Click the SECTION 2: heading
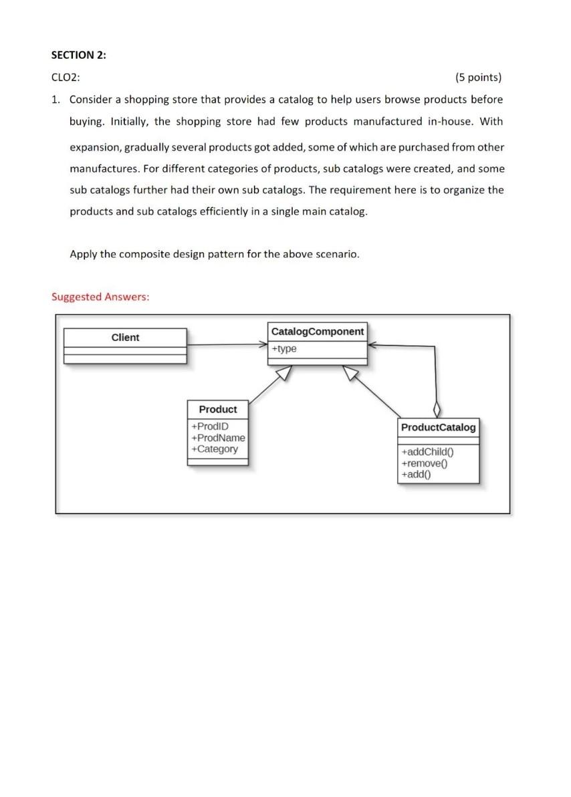click(78, 55)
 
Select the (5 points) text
click(477, 78)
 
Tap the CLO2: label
click(66, 78)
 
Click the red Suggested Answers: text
click(100, 296)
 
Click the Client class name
click(125, 337)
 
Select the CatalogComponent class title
click(318, 332)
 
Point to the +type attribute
click(285, 348)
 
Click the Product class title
click(218, 409)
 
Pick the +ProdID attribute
click(209, 427)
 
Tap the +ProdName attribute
click(218, 437)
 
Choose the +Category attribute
click(214, 449)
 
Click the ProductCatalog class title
click(439, 427)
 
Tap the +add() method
click(417, 474)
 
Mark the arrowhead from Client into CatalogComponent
click(263, 345)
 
